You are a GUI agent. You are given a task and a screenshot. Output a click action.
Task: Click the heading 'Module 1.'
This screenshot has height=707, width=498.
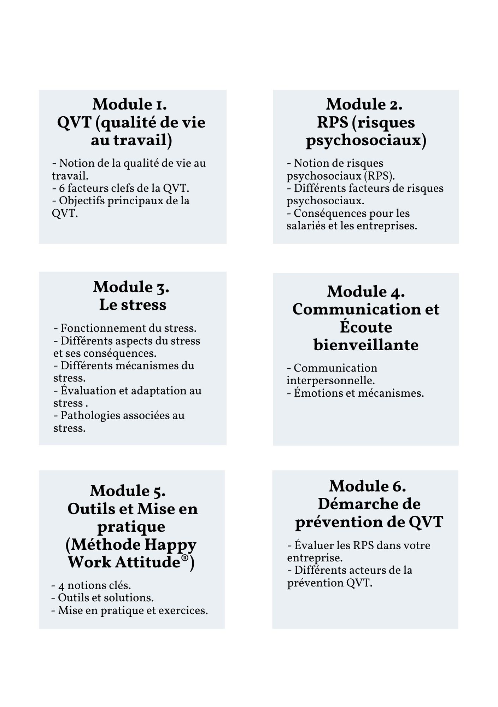tap(130, 104)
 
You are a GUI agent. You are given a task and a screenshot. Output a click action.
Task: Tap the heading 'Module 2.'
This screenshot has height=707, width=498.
tap(364, 104)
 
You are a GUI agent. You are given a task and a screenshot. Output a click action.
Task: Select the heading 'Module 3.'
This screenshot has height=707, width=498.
tap(131, 287)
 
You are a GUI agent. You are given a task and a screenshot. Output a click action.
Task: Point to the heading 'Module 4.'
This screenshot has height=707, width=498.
tap(366, 292)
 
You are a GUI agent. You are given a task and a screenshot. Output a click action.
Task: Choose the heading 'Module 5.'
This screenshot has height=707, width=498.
tap(128, 491)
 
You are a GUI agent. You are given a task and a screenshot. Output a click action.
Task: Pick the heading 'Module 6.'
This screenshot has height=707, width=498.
tap(368, 486)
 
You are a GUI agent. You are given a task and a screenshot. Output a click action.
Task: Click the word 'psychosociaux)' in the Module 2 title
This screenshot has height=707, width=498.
tap(366, 140)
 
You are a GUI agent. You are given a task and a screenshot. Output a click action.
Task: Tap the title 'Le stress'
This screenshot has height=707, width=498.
tap(133, 305)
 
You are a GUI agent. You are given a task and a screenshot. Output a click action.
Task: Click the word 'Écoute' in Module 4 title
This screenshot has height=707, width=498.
tap(366, 327)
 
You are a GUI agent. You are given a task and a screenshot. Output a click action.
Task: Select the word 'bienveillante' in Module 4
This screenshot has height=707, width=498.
tap(366, 345)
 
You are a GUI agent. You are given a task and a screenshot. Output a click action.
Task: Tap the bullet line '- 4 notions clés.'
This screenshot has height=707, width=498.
tap(91, 585)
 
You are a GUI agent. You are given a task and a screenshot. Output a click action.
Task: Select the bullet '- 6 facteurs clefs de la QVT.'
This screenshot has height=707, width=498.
tap(121, 188)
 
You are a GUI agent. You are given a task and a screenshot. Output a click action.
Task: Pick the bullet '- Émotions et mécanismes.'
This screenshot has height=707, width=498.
tap(355, 393)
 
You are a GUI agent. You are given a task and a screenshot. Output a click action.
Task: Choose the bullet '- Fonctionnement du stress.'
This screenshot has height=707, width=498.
tap(125, 328)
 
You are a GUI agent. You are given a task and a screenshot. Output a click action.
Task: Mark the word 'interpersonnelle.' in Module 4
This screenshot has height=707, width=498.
tap(330, 381)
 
